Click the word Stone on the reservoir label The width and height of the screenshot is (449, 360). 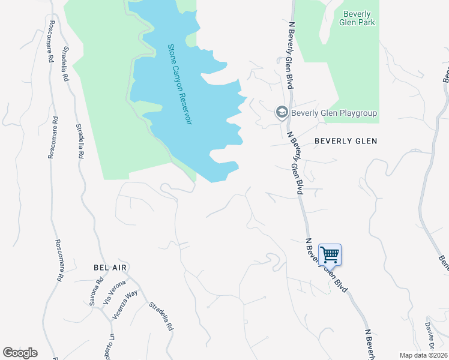tap(171, 52)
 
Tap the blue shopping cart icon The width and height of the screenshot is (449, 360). tap(330, 254)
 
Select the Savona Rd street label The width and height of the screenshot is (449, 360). tap(97, 292)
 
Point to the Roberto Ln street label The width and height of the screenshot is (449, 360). tap(110, 346)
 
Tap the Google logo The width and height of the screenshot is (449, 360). tap(20, 353)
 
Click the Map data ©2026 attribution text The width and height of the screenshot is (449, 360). tap(423, 355)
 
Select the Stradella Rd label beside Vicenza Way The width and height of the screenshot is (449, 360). tap(161, 317)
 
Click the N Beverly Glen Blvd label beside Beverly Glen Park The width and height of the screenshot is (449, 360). tap(291, 56)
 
